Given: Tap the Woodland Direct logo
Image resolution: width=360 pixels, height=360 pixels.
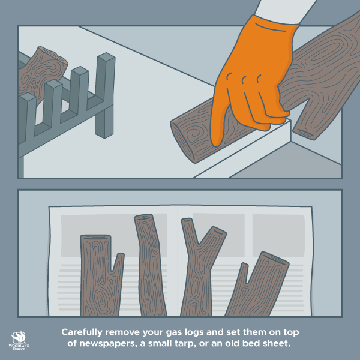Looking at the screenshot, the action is pyautogui.click(x=19, y=341).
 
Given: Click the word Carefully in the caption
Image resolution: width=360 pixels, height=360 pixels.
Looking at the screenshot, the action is pyautogui.click(x=82, y=332).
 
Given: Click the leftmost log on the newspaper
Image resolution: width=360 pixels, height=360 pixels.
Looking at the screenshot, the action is pyautogui.click(x=99, y=275).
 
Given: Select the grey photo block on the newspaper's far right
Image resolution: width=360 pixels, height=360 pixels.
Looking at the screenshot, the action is pyautogui.click(x=278, y=236).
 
